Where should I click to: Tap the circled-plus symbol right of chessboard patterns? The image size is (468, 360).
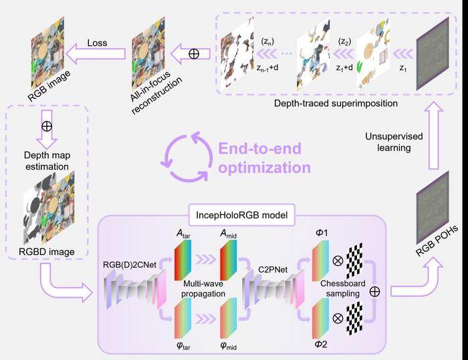tap(375, 291)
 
